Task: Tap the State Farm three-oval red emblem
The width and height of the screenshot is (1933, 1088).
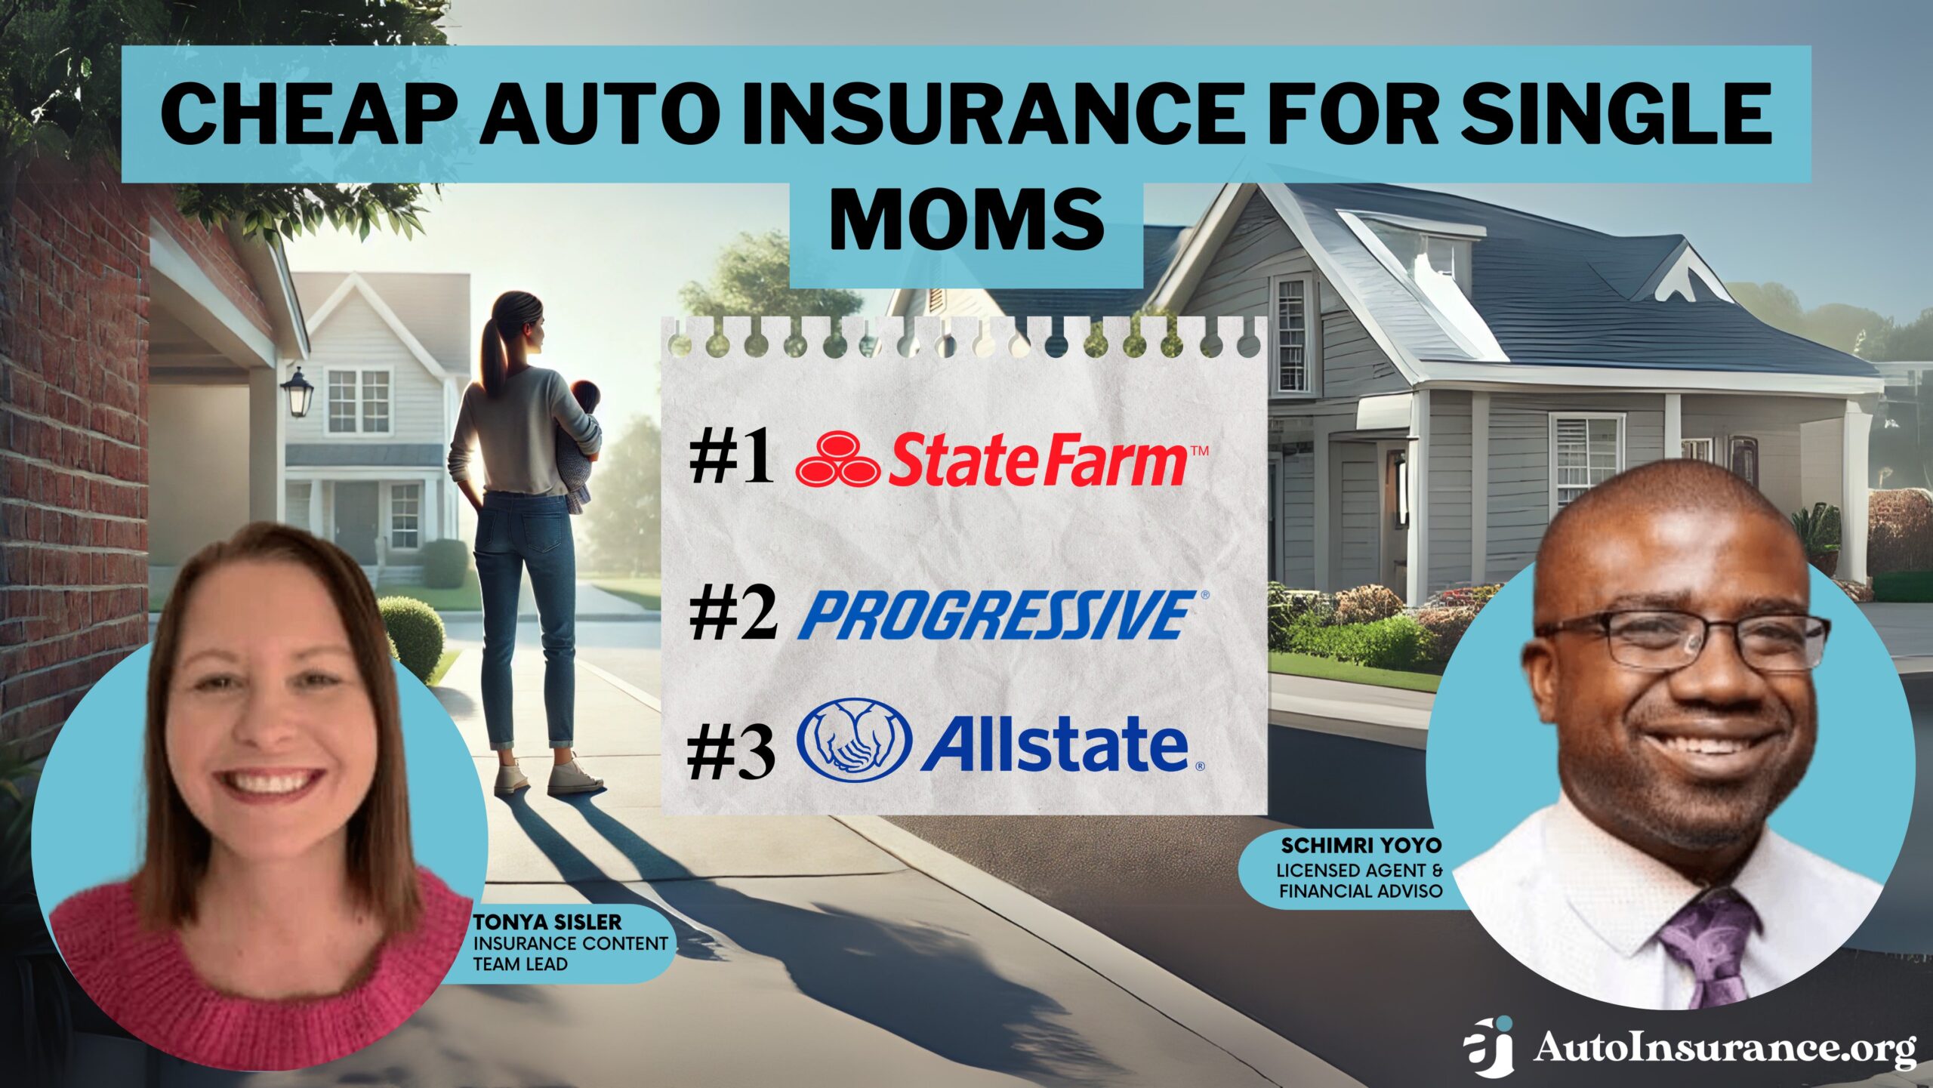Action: coord(838,458)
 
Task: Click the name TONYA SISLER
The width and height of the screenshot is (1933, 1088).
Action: coord(547,922)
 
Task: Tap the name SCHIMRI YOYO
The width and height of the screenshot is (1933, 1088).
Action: coord(1361,845)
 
